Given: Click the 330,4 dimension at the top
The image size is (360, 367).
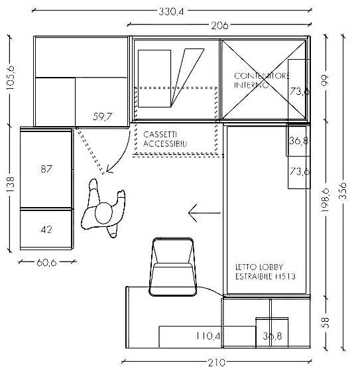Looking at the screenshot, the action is [171, 11].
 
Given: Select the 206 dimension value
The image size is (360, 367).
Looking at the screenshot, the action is [219, 25].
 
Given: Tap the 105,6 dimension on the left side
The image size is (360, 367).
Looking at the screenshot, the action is [11, 78].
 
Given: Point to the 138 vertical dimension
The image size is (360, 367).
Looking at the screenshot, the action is [11, 184].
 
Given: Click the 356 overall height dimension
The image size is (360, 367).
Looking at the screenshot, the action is [343, 190].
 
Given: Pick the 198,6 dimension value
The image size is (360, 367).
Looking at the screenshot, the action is [326, 200].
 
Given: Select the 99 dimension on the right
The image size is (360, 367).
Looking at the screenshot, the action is [325, 80].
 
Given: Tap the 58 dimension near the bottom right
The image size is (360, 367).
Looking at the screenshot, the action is [326, 323].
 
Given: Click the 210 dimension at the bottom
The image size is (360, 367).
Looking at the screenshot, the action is [217, 362].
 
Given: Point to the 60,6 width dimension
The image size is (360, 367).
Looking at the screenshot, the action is [46, 263].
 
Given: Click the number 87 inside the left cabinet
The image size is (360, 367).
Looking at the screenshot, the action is [46, 169].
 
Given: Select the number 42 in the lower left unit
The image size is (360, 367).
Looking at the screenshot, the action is [46, 230].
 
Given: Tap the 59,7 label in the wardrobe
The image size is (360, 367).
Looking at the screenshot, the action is [102, 116].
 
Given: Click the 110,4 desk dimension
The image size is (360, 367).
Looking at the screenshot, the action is [208, 336].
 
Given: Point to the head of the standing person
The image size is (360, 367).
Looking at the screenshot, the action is [103, 213].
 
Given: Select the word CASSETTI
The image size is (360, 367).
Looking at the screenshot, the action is [160, 135].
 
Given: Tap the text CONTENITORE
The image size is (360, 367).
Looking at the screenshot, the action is [262, 76].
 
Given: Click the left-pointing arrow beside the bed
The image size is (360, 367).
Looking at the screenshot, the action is [204, 213].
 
